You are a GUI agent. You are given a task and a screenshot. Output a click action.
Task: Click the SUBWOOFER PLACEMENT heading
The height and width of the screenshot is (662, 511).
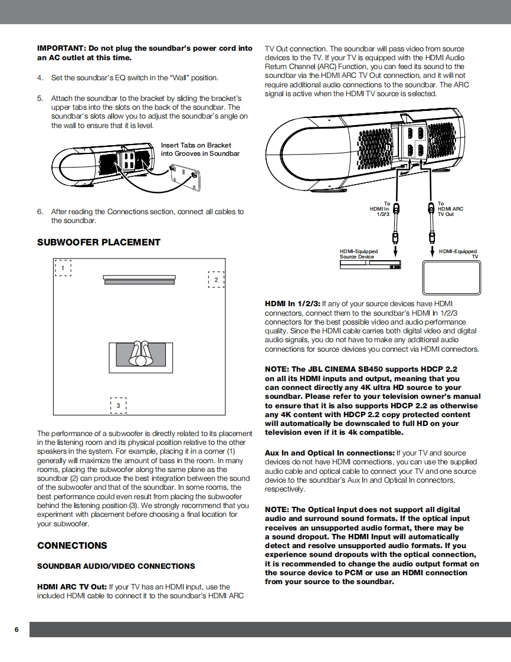(x=99, y=242)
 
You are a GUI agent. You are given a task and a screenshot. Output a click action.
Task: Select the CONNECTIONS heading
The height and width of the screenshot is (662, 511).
(x=72, y=545)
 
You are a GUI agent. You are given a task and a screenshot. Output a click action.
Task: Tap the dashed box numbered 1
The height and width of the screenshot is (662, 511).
(x=63, y=268)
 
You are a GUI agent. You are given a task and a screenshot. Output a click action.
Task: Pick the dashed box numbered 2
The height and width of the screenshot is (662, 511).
(x=216, y=279)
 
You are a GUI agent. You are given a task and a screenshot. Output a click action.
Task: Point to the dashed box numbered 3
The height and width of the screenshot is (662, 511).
(x=118, y=405)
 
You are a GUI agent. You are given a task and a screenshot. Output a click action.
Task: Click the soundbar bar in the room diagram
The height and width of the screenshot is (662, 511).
(x=139, y=280)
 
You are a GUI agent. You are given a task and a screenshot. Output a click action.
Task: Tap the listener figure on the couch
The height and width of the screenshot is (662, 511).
(x=140, y=353)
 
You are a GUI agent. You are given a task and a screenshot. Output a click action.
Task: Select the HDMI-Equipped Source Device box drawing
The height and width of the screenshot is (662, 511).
(x=370, y=264)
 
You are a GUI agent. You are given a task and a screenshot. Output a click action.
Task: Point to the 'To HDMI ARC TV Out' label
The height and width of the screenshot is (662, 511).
(x=450, y=209)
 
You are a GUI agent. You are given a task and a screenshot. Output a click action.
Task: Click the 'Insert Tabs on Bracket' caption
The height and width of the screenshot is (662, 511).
(x=196, y=145)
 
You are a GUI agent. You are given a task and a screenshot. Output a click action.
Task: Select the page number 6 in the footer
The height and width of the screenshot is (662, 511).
(x=17, y=630)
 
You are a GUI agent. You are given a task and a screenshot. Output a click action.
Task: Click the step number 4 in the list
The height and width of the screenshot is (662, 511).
(x=40, y=78)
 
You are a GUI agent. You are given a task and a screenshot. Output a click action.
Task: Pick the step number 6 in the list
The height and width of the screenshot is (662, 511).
(x=40, y=212)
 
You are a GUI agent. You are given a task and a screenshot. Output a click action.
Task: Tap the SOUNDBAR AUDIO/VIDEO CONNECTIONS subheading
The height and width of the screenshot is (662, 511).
(x=116, y=566)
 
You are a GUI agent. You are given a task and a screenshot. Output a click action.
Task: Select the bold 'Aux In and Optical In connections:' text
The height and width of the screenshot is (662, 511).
(x=329, y=453)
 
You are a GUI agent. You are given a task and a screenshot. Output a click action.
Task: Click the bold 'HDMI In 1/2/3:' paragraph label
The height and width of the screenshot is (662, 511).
(x=292, y=304)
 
